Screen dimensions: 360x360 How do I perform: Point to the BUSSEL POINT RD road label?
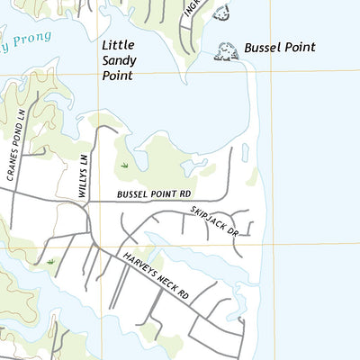pyautogui.click(x=155, y=193)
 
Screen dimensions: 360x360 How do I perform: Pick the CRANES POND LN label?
pyautogui.click(x=18, y=147)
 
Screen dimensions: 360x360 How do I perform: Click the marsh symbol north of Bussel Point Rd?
pyautogui.click(x=125, y=166)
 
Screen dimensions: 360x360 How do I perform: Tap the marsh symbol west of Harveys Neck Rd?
pyautogui.click(x=51, y=262)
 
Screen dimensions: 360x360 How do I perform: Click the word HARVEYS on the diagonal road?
pyautogui.click(x=139, y=263)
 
